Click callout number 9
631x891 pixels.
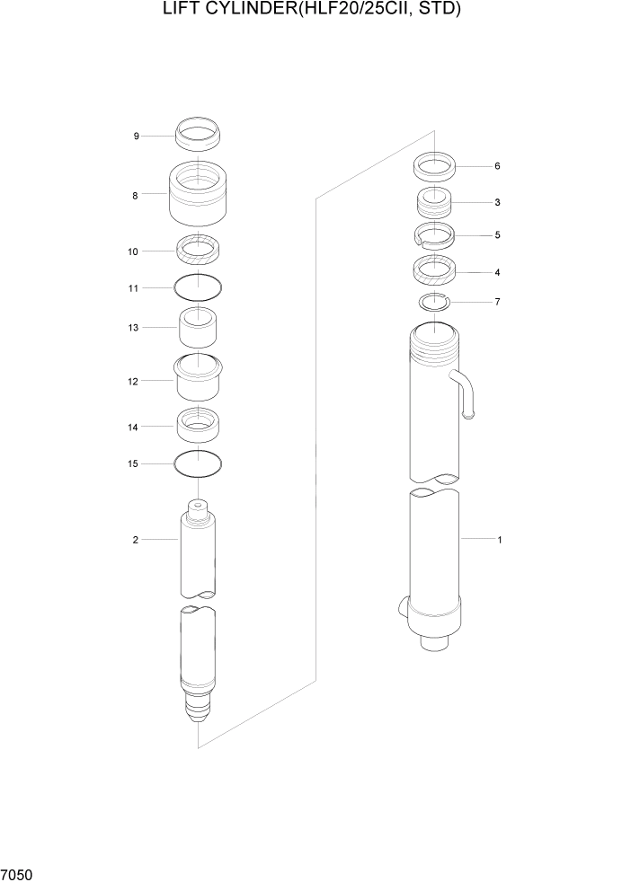136,137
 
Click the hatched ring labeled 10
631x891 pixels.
198,250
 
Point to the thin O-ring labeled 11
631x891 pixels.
198,287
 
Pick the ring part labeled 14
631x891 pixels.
198,424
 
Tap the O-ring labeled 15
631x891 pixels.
198,464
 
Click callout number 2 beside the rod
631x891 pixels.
135,540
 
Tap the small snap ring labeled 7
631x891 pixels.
433,302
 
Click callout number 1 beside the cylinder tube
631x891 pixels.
499,540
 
